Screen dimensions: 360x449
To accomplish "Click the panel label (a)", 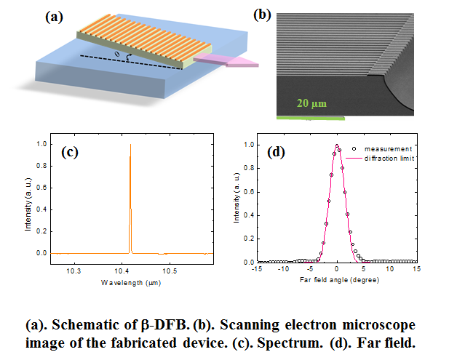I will pos(55,17).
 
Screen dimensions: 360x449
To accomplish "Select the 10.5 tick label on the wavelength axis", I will pos(170,269).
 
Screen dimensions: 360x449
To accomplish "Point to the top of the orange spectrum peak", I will pos(130,145).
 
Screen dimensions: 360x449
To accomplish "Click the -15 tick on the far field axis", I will pos(257,269).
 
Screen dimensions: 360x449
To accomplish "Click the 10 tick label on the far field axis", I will pos(390,269).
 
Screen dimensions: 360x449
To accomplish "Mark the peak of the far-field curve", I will pos(337,145).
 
